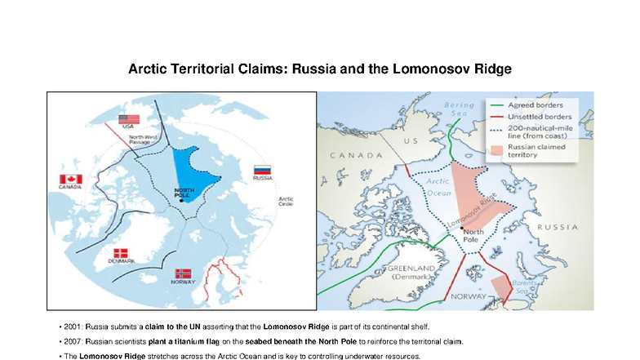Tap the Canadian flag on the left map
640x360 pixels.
point(71,179)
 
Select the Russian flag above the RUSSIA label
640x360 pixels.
point(263,169)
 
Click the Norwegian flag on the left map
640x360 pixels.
point(183,273)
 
